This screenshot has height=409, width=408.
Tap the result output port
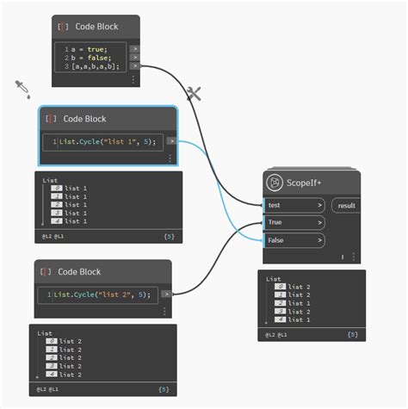click(346, 205)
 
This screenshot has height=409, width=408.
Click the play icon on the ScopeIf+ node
click(275, 182)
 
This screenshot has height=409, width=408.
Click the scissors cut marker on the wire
click(194, 94)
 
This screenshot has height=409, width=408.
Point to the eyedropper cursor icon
click(22, 88)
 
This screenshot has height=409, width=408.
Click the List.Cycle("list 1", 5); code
click(108, 141)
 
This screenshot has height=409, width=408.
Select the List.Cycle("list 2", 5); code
click(102, 294)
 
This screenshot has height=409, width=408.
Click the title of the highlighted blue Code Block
click(84, 119)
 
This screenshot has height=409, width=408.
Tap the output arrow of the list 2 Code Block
click(164, 294)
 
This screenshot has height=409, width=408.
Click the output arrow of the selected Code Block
click(171, 140)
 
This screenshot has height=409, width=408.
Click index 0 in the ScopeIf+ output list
click(280, 286)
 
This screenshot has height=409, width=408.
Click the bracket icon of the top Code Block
click(61, 27)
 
